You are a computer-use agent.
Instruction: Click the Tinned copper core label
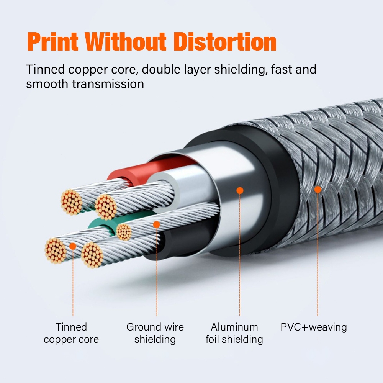click(71, 333)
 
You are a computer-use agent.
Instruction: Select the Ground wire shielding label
click(155, 333)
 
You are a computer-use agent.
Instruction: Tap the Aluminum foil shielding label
click(234, 333)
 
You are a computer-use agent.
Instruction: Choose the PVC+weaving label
click(314, 327)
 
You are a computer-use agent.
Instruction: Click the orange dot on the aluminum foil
click(240, 190)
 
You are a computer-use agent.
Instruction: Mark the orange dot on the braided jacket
click(318, 189)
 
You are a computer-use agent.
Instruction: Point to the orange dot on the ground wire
click(156, 224)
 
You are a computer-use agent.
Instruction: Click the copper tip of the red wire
click(71, 202)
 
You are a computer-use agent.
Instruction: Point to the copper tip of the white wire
click(106, 207)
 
